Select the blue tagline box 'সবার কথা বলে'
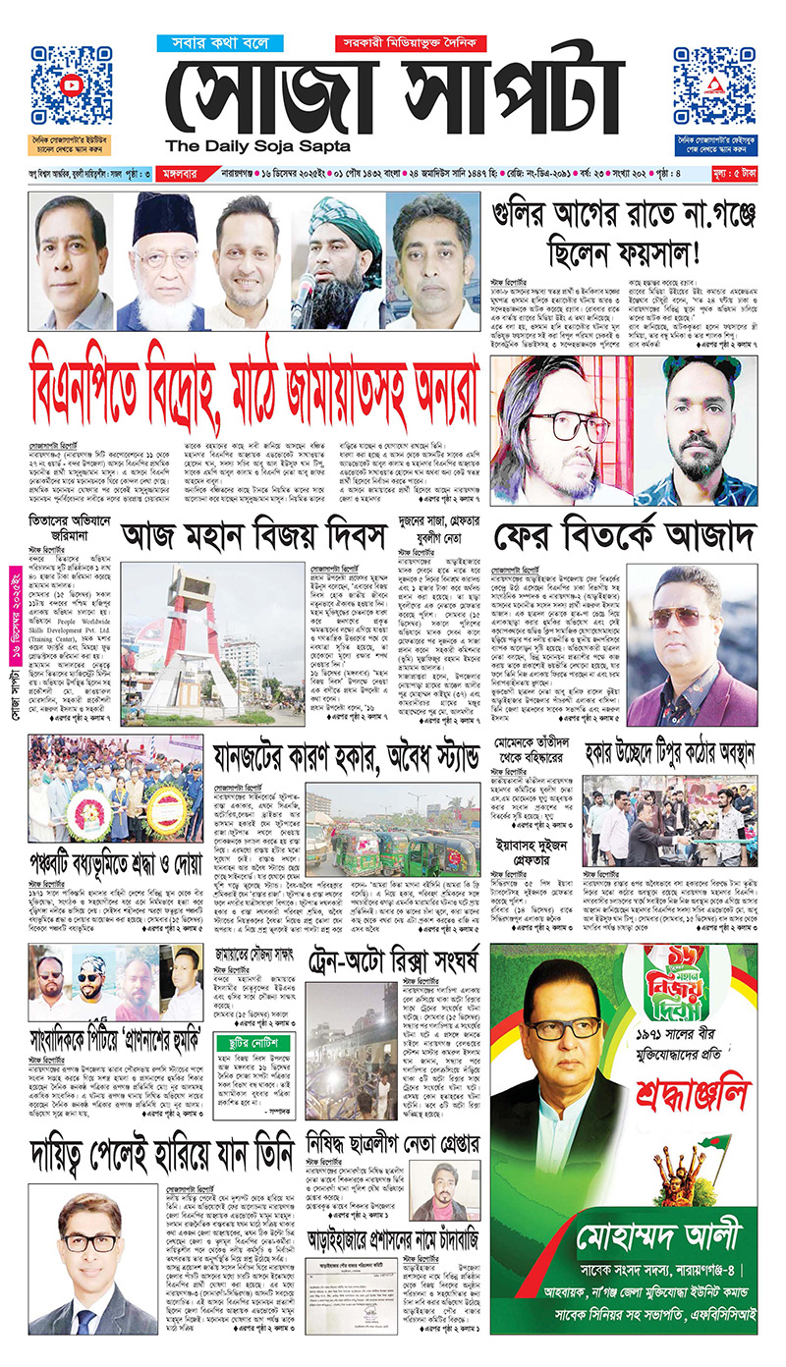click(x=219, y=43)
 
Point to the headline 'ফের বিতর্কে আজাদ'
click(x=623, y=537)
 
